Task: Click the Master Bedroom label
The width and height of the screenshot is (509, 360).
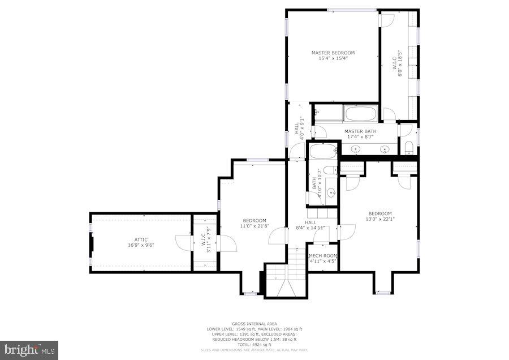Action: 333,53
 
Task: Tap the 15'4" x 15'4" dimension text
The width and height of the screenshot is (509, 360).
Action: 333,58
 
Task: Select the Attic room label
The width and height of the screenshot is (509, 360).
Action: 141,239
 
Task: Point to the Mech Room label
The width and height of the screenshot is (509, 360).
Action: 323,256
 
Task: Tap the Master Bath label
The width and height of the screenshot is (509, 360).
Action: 360,131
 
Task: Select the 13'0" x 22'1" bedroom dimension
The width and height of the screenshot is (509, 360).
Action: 380,219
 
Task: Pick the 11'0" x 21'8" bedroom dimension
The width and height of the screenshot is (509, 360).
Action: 255,226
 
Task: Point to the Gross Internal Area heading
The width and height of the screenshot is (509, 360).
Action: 253,324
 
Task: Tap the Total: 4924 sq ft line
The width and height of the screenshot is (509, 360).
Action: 253,344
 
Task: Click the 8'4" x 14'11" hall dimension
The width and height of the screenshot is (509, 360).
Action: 310,228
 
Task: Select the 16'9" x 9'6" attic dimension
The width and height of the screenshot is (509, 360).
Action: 141,245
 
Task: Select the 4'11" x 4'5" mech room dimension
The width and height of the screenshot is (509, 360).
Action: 323,261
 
